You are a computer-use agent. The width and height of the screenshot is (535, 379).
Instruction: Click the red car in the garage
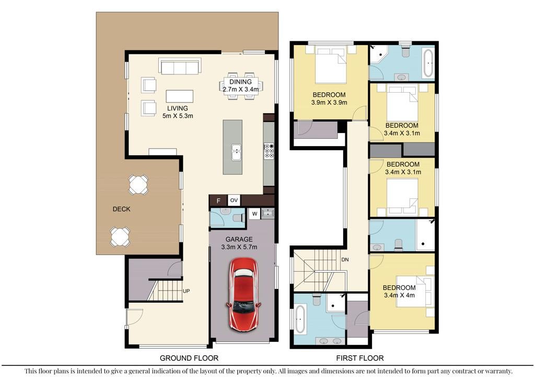243,294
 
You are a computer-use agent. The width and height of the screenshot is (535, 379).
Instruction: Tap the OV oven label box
234,200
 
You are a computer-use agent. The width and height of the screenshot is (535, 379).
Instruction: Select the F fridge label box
218,200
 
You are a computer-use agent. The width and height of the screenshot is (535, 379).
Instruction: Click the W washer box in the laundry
254,214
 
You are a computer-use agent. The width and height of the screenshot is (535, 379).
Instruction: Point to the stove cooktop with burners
269,151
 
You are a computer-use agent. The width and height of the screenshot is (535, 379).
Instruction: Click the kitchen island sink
236,152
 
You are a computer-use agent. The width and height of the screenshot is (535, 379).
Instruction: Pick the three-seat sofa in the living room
180,66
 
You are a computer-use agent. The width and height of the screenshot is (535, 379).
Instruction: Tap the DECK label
121,209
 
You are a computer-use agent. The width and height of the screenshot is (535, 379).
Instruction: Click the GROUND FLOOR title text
189,358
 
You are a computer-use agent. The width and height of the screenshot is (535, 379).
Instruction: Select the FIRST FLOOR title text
360,358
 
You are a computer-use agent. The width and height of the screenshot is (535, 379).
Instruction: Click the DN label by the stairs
345,260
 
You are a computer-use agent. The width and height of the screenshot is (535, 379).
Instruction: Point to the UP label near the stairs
186,291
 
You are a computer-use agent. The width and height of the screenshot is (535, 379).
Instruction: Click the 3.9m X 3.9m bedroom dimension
329,103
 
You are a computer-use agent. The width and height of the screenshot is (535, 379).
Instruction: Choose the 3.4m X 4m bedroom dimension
399,295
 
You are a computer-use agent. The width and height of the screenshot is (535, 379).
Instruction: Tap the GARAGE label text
239,240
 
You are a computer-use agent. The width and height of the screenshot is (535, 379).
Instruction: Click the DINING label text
240,82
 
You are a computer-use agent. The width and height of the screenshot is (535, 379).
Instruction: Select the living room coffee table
180,96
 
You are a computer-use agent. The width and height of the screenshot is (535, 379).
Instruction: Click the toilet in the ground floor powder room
238,217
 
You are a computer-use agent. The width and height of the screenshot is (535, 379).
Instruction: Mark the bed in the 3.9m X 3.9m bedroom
331,65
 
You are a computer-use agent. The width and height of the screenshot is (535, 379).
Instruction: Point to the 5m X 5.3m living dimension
178,116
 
